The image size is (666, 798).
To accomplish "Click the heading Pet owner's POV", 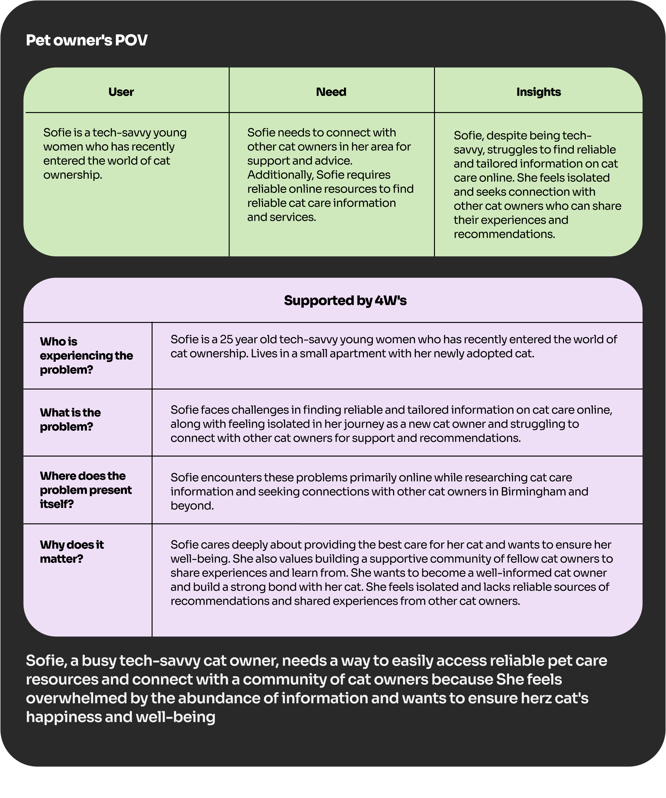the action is click(87, 40).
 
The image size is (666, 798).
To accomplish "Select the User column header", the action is click(121, 92).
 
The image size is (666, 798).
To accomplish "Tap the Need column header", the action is click(331, 92).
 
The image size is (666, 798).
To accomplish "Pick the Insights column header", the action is click(538, 92).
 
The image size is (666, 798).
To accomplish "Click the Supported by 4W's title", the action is click(345, 300).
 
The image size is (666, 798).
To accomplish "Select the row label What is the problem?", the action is click(70, 420).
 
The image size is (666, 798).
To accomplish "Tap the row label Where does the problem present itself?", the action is click(85, 490).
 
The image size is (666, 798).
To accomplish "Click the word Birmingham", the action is click(533, 492).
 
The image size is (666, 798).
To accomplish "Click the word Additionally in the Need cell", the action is click(280, 175).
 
